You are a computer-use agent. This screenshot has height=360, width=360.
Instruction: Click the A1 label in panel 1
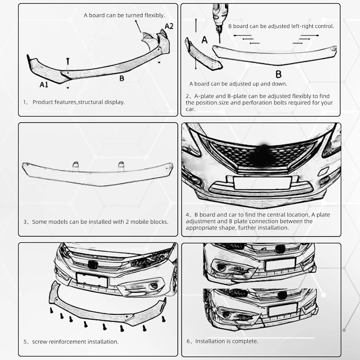tap(44, 85)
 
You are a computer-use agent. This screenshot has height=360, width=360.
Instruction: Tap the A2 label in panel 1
tap(169, 26)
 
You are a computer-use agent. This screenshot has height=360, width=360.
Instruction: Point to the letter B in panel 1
tap(121, 78)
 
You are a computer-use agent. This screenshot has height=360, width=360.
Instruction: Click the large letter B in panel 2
tap(278, 73)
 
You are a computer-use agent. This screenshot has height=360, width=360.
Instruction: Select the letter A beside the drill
tap(204, 39)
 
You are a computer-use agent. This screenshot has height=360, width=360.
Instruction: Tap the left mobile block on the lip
tap(76, 165)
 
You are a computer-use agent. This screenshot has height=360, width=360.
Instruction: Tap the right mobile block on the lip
tap(121, 165)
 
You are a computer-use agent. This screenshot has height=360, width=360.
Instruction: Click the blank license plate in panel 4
tap(262, 183)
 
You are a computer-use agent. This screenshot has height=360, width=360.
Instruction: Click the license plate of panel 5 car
tap(92, 279)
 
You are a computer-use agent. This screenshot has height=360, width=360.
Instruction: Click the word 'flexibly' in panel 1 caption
tap(154, 15)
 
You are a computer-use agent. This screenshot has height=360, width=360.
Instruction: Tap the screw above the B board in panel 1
tap(68, 61)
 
